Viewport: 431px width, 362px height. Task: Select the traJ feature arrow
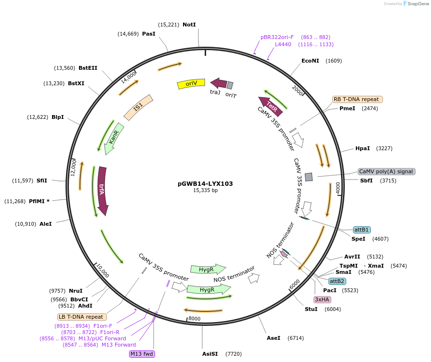click(219, 83)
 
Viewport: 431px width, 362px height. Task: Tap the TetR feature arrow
click(270, 104)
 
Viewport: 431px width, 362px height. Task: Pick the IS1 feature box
click(138, 107)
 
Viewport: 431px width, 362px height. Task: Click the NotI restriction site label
click(189, 25)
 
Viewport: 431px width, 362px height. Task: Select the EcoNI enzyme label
click(310, 61)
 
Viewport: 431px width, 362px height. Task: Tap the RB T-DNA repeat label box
click(357, 99)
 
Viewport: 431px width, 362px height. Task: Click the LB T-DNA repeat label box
click(81, 317)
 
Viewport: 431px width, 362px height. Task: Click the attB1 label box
click(362, 230)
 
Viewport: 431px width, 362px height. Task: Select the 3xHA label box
click(322, 299)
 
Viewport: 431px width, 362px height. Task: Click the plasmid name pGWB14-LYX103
click(205, 183)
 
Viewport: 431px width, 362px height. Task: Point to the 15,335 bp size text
click(205, 191)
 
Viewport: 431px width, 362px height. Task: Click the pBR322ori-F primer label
click(277, 37)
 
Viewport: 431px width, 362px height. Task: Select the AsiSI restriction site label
click(210, 354)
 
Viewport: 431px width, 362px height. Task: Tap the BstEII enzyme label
click(88, 68)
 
